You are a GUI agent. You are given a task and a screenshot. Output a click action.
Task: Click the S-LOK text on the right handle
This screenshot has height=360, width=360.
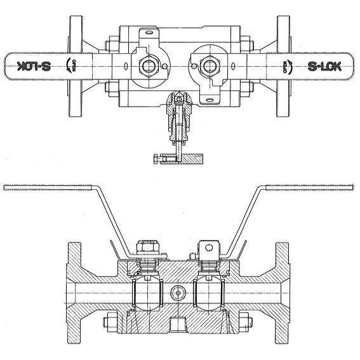coord(326,65)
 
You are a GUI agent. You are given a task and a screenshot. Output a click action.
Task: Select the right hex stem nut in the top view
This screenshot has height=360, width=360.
coord(208,65)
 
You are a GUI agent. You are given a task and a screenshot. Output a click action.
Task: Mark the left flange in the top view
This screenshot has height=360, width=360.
coord(76,65)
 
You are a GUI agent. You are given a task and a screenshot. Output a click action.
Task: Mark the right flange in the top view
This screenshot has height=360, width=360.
coord(283,65)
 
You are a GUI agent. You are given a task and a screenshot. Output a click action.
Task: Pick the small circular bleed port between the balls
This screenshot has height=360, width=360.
coord(178,293)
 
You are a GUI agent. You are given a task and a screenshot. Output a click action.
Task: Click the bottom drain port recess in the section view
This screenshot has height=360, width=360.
coord(178,327)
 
